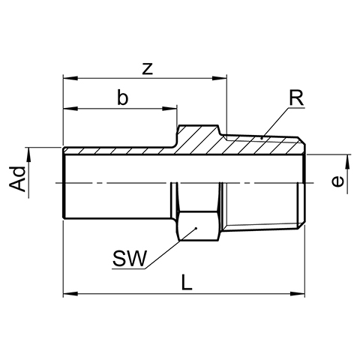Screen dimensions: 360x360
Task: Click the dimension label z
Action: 148,70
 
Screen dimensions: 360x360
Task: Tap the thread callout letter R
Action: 296,98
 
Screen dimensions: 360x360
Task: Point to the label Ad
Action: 18,179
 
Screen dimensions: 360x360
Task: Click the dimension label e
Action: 337,181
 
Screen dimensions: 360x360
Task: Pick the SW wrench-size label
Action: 130,258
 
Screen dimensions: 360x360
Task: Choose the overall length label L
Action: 187,282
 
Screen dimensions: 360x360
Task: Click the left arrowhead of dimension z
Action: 70,78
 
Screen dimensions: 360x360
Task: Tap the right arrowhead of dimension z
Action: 219,78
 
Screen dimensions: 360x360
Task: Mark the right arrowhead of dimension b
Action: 169,109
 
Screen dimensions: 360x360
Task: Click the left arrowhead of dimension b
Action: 70,109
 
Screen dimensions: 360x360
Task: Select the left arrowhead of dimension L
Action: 70,293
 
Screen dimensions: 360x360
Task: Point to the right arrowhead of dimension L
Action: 297,293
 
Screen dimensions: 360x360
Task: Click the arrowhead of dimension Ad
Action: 28,155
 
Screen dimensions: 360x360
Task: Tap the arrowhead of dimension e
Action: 347,162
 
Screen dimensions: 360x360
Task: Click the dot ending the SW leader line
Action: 196,228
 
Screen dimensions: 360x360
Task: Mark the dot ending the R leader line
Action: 262,138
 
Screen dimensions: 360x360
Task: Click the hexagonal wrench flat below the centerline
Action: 199,226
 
